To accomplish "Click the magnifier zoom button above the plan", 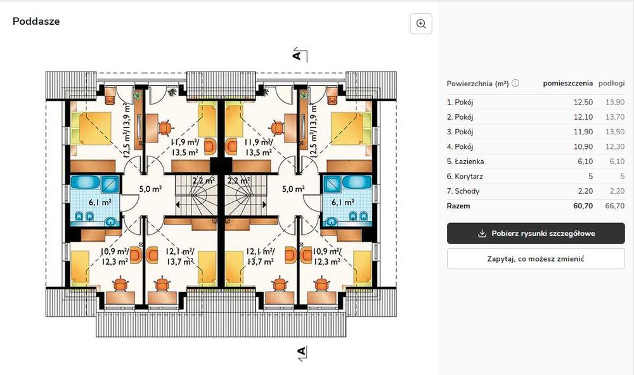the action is (x=421, y=24).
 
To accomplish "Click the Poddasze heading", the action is (x=36, y=22).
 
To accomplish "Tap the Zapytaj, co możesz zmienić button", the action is (x=536, y=258).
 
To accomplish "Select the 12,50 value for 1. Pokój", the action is (x=583, y=102).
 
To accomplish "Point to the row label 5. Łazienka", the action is (x=465, y=162).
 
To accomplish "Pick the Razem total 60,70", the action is (x=583, y=206).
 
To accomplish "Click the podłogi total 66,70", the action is (x=614, y=206).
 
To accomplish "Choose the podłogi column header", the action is (x=611, y=83).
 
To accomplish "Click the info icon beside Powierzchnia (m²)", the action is (x=515, y=83).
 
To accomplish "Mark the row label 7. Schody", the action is (x=463, y=191).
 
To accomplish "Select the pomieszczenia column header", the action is (x=567, y=83).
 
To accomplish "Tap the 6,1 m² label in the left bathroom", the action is (x=100, y=203).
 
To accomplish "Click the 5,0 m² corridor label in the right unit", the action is (x=293, y=189).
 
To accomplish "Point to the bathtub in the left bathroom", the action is (x=86, y=182).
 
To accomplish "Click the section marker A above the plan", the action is (x=297, y=54).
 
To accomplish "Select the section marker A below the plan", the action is (x=301, y=351).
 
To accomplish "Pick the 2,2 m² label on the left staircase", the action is (x=203, y=181).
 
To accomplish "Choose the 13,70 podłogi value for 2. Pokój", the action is (x=614, y=117).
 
